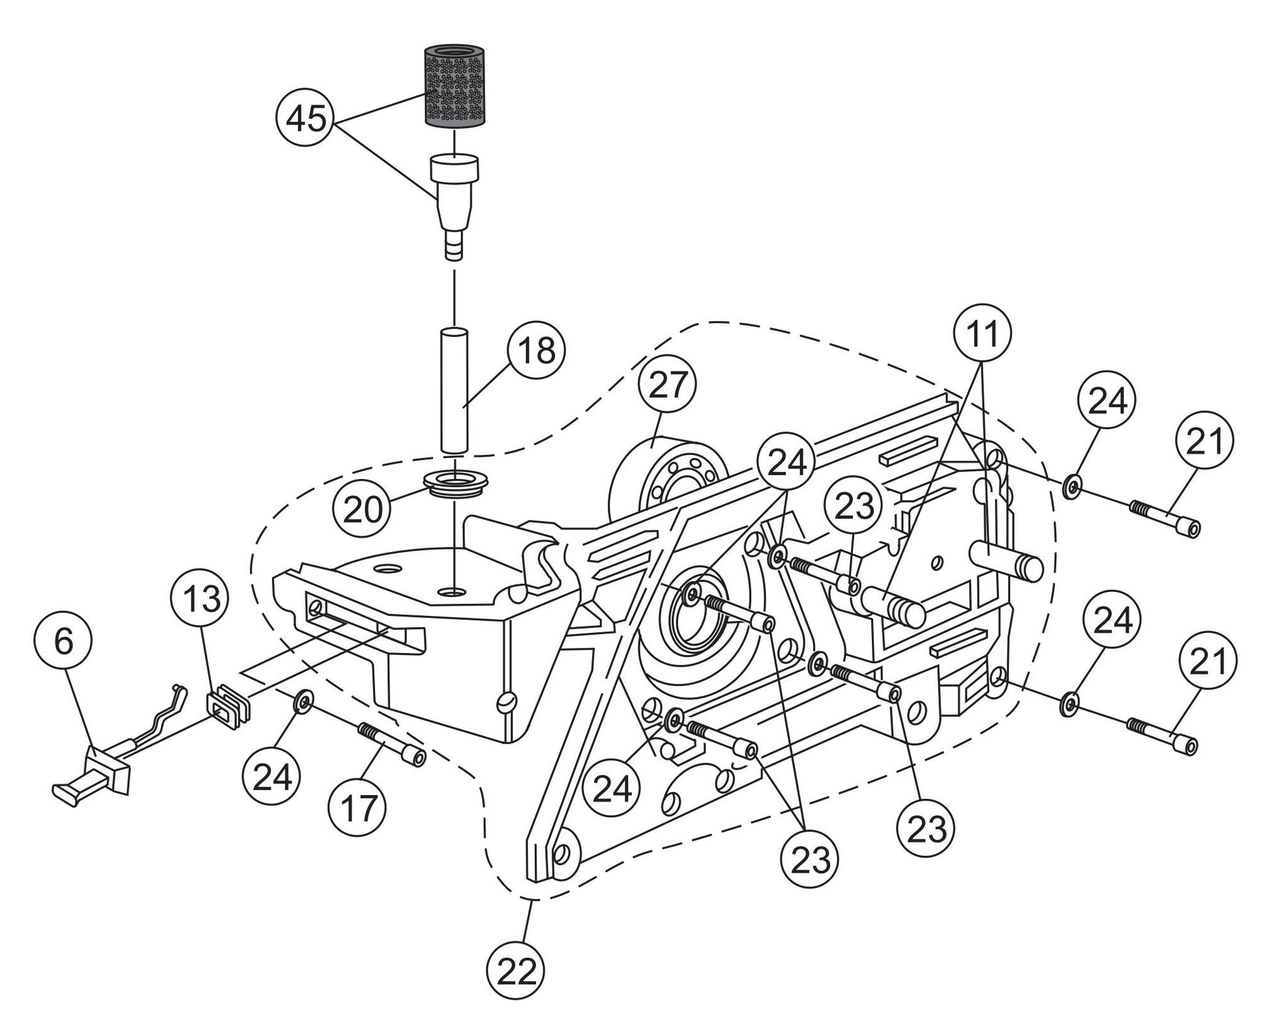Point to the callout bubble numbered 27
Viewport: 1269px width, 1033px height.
click(x=668, y=384)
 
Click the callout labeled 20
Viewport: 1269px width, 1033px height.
click(x=363, y=508)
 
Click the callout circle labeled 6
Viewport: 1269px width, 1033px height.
click(x=63, y=641)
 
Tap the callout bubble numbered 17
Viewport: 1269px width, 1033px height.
click(x=358, y=808)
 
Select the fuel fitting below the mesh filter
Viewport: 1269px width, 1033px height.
click(x=454, y=199)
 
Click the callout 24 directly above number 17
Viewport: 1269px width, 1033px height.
click(x=272, y=778)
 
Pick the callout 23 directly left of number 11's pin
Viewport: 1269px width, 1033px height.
click(x=853, y=505)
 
